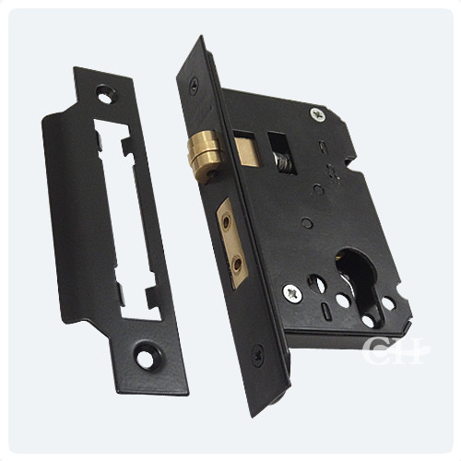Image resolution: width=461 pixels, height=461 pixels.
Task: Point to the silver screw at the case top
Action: pyautogui.click(x=317, y=114)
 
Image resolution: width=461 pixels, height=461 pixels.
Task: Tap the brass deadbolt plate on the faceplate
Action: pyautogui.click(x=233, y=241)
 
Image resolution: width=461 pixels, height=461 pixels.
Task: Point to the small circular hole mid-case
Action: pyautogui.click(x=317, y=191)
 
